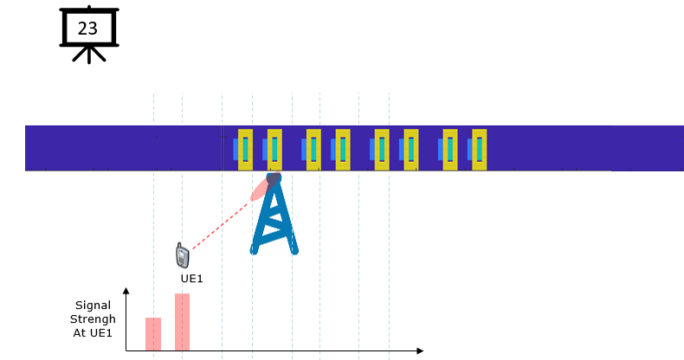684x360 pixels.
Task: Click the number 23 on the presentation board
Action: [87, 29]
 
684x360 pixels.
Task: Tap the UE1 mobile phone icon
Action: [183, 255]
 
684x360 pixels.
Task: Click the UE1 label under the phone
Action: [191, 279]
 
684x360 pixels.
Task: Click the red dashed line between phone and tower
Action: [220, 226]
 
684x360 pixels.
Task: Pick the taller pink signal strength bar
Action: [183, 322]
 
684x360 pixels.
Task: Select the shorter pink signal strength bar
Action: [153, 334]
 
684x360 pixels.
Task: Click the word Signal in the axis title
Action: [93, 305]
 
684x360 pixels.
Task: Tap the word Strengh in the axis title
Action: [93, 319]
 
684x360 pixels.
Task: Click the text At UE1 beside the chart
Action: [93, 333]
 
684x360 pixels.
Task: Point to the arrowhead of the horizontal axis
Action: [420, 350]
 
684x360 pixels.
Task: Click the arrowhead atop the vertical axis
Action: [126, 291]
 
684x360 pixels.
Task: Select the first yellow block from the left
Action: [245, 150]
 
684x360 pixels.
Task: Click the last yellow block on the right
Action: [480, 150]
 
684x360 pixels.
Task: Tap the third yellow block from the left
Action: [313, 150]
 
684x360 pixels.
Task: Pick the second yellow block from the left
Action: [274, 150]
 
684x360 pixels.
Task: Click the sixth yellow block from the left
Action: [411, 150]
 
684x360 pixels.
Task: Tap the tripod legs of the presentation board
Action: [89, 55]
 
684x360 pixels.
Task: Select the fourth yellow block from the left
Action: [343, 150]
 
